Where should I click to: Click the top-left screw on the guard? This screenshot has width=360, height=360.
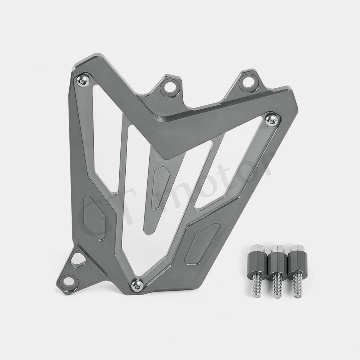(x=83, y=81)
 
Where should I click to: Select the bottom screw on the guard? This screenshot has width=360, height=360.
(x=137, y=286)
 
